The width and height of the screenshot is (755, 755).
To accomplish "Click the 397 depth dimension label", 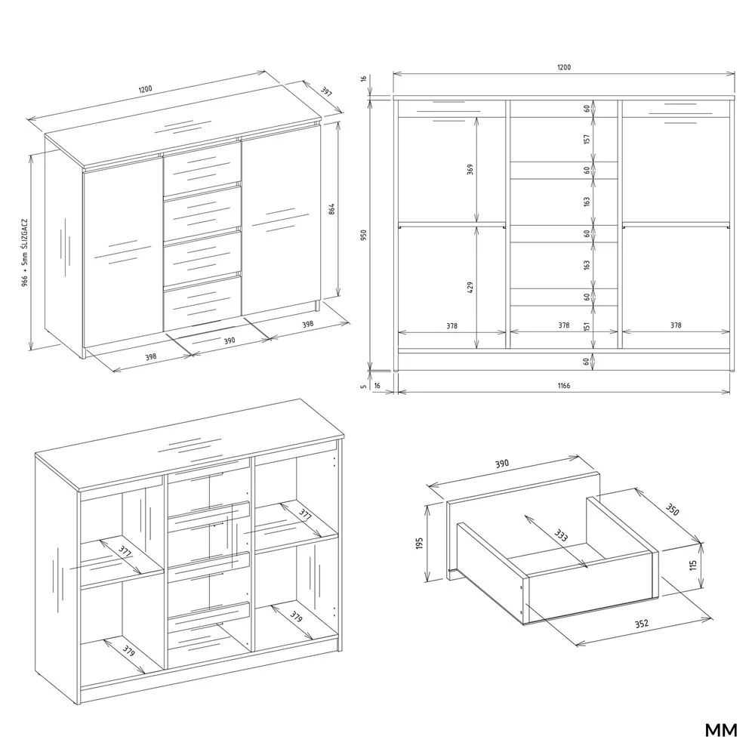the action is pos(326,91).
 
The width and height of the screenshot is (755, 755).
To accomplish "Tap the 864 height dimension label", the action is pos(331,209).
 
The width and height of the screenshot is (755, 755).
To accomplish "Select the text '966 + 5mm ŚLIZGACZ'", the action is pos(25,253).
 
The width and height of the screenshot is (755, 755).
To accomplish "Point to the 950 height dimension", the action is pos(364,235).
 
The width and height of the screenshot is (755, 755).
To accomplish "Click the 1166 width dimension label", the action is pos(564,386).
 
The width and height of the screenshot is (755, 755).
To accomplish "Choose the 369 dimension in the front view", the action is pos(470,169).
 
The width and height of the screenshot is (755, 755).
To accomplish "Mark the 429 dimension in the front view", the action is pos(470,288).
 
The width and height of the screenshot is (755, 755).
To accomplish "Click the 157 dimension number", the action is pos(587,139).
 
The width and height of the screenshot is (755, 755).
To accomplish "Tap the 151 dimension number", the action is pos(587,325).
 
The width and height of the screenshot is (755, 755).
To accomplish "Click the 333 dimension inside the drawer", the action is pos(560,535).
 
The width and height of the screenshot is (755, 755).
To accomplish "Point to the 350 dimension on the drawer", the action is pos(672,510).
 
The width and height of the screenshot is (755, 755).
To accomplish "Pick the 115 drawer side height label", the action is pos(693,565).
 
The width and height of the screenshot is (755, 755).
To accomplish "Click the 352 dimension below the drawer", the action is pos(641,624).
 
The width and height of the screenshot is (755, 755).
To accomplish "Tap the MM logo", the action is pos(721,730).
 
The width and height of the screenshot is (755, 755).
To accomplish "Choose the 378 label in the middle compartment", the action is pos(564,325).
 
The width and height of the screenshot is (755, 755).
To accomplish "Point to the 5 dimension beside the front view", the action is pos(364,386).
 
